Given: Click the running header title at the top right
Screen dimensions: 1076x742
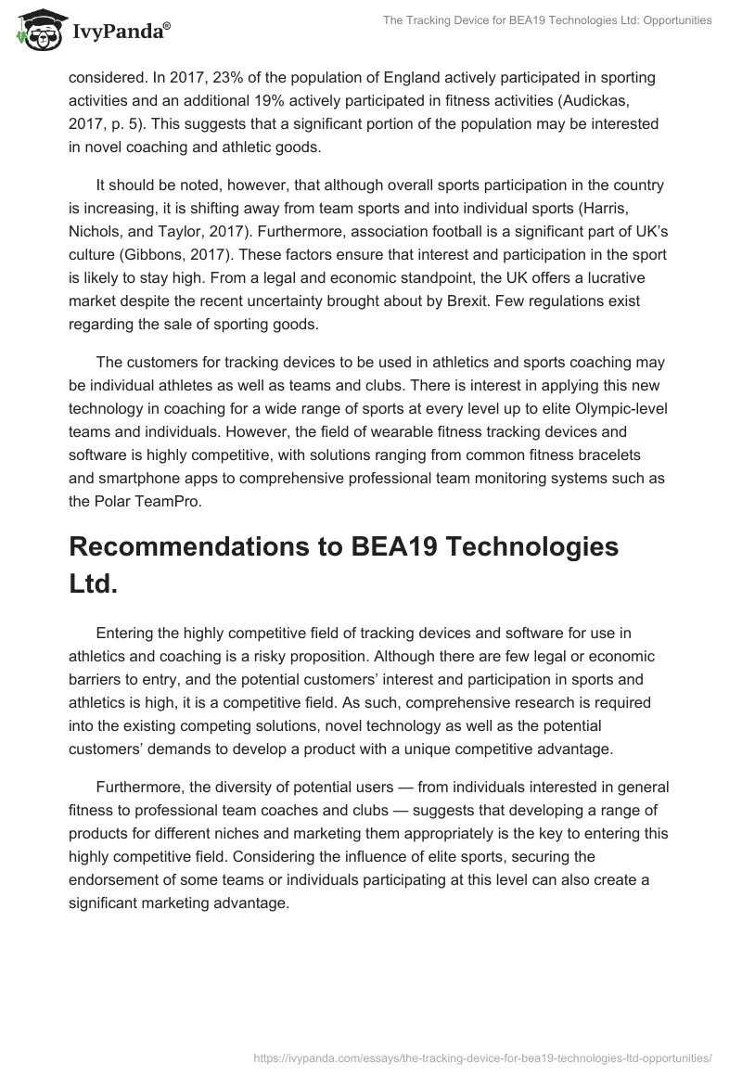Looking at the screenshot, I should pos(547,19).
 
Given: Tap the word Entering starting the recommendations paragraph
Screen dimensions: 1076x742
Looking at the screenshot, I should pos(128,634).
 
